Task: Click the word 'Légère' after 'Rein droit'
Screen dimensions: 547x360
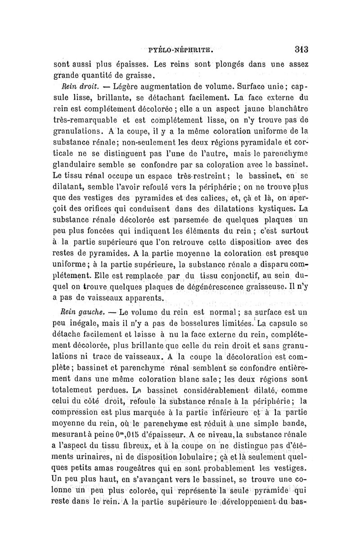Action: (x=128, y=85)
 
